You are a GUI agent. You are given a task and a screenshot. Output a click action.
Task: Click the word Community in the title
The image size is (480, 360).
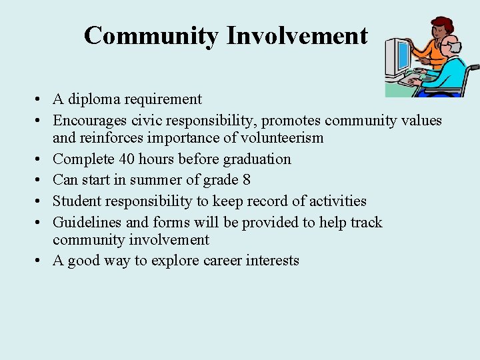click(x=151, y=35)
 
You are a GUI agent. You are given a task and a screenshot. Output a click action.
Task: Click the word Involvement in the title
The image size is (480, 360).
click(x=297, y=35)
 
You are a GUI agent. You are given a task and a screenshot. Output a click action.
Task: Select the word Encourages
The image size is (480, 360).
click(x=89, y=120)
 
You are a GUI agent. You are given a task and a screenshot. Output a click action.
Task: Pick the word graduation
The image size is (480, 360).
click(x=257, y=159)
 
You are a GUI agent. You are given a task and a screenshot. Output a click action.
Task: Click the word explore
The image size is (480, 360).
click(x=172, y=261)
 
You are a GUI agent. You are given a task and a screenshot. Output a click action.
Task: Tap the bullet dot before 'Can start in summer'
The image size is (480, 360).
click(x=41, y=180)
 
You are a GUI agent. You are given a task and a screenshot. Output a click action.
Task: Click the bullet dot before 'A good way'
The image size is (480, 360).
click(x=41, y=261)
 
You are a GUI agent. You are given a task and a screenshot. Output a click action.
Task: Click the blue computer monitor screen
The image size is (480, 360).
click(x=402, y=57)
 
